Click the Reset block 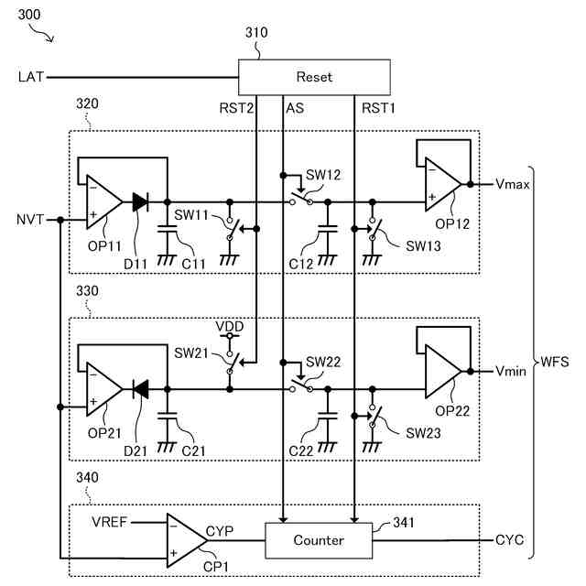pos(314,77)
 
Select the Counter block pos(319,540)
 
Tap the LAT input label pos(30,77)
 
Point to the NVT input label pos(30,220)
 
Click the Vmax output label pos(512,184)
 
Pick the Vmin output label pos(511,372)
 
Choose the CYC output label pos(509,540)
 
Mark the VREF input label pos(110,522)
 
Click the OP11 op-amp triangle pos(102,202)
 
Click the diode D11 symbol pos(140,202)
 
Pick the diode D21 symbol pos(140,390)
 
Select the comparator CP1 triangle pos(187,540)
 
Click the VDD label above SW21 pos(229,326)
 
